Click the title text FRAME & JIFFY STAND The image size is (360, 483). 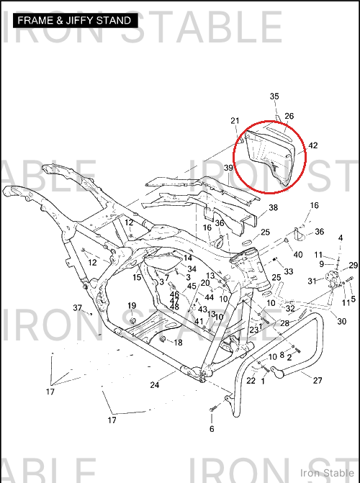tap(74, 21)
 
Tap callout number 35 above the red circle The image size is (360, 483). tap(274, 96)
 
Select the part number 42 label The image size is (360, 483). tap(313, 145)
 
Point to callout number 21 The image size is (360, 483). tap(235, 121)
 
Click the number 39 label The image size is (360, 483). tap(228, 168)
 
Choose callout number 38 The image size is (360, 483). tap(274, 207)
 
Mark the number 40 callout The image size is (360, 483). tap(298, 255)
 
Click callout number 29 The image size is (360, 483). tap(354, 265)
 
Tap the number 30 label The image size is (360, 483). tap(342, 322)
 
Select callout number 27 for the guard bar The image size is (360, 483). tap(318, 380)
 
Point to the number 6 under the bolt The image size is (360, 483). tap(212, 429)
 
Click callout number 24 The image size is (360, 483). tap(155, 384)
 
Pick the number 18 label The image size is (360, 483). tap(178, 343)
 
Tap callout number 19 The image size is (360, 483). tap(132, 306)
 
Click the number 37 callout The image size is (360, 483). tap(78, 308)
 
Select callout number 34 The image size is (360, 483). tap(192, 269)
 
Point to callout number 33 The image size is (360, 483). tap(289, 271)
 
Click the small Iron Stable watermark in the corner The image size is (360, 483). tap(327, 473)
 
